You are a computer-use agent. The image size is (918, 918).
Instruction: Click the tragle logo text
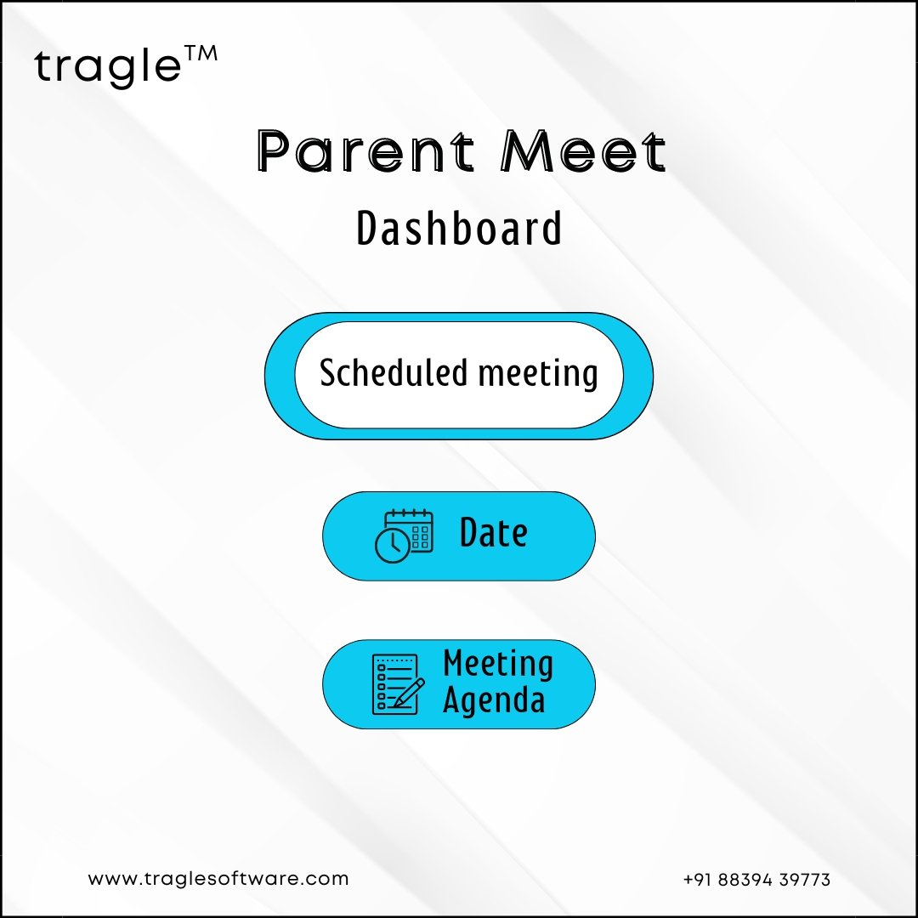(x=108, y=67)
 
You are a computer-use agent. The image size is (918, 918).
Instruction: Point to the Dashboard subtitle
(x=460, y=228)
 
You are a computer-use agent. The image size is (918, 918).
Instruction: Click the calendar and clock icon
(x=404, y=535)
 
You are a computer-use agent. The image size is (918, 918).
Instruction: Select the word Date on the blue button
(x=494, y=532)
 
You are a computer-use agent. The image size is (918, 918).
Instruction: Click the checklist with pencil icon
(x=398, y=683)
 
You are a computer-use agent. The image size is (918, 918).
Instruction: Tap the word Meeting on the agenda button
(x=498, y=664)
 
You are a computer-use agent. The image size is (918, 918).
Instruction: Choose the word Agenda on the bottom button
(x=494, y=700)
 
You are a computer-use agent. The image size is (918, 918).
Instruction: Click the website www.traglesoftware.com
(x=218, y=879)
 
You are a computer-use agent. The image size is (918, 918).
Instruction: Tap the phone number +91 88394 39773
(x=757, y=880)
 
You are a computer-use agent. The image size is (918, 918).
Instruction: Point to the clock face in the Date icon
(x=392, y=546)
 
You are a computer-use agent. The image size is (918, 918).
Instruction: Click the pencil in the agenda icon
(x=408, y=693)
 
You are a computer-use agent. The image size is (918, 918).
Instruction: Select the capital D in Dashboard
(x=368, y=228)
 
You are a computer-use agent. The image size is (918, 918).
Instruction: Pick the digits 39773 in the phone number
(x=805, y=880)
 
